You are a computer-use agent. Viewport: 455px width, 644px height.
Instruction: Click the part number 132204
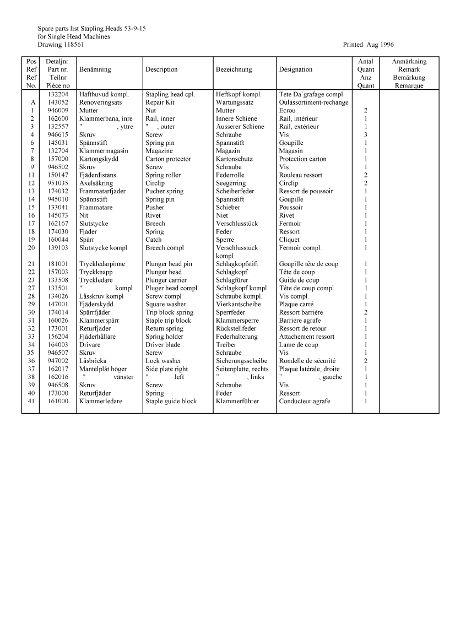[x=58, y=94]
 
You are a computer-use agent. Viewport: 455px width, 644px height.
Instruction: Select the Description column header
[x=161, y=69]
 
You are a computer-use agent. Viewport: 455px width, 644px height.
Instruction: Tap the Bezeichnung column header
[x=234, y=69]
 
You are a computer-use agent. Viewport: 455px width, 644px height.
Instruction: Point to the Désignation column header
[x=296, y=69]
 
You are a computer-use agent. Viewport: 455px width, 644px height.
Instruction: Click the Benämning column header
[x=95, y=69]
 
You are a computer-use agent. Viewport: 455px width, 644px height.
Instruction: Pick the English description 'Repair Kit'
[x=160, y=102]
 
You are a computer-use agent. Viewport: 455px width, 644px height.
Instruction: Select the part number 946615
[x=58, y=135]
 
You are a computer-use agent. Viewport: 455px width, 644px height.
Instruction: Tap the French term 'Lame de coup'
[x=299, y=345]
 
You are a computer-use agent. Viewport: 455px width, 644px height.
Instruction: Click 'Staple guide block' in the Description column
[x=171, y=402]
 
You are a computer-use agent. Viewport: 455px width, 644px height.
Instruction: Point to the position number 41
[x=31, y=402]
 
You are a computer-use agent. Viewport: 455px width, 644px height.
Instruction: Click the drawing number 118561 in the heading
[x=74, y=45]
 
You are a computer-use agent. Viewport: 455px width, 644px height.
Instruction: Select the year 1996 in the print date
[x=386, y=45]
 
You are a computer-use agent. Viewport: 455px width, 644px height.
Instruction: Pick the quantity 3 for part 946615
[x=366, y=135]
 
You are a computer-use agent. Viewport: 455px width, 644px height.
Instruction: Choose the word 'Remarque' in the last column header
[x=409, y=86]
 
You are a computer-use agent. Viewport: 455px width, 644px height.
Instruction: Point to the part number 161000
[x=58, y=402]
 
